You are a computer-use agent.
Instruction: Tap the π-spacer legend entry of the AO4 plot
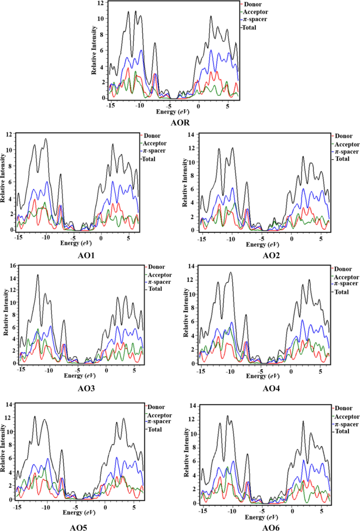click(x=349, y=284)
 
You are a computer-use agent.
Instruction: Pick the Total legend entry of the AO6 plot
click(x=343, y=431)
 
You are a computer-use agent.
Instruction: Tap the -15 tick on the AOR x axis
click(x=110, y=105)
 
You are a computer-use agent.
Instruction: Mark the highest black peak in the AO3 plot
click(x=37, y=275)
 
